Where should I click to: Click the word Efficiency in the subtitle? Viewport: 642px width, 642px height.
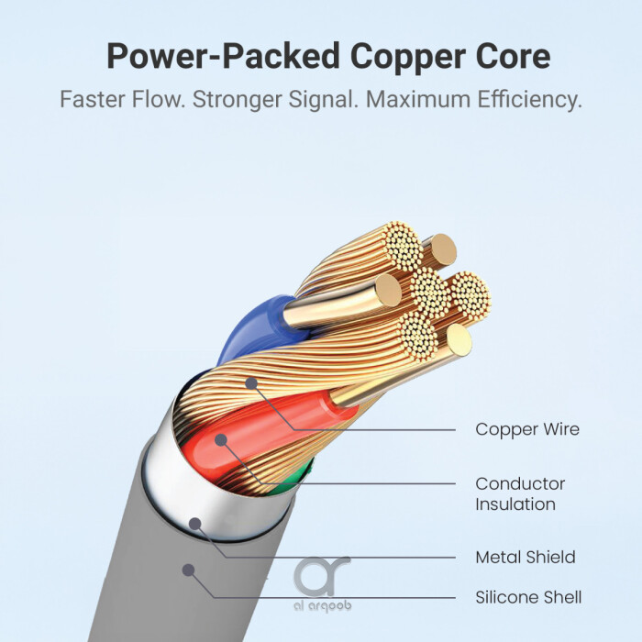pos(528,99)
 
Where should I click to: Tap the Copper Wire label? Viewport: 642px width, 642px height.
pos(526,429)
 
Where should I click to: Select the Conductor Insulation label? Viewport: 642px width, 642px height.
pos(520,493)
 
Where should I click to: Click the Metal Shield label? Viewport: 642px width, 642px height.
pos(525,557)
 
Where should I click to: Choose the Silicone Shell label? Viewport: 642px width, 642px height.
pos(528,597)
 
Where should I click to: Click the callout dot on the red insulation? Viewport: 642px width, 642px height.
pos(221,439)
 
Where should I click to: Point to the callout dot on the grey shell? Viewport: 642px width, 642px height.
pos(187,570)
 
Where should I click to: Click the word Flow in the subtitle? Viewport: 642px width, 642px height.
pos(161,99)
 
